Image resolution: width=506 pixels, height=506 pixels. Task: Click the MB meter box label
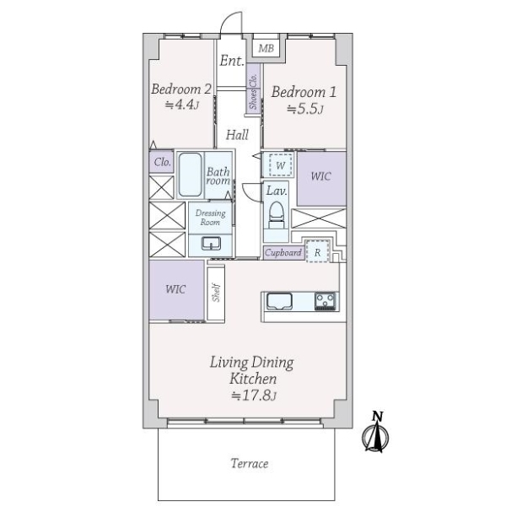(x=266, y=48)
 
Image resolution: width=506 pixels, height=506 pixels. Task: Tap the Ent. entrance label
(x=232, y=61)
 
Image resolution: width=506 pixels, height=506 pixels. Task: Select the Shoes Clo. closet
(x=253, y=89)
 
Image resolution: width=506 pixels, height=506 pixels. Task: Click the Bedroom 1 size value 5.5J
(x=305, y=109)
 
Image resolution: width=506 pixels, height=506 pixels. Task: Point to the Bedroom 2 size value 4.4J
(x=181, y=105)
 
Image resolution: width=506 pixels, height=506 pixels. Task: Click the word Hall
(x=237, y=135)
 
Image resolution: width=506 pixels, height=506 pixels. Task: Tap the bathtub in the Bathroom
(x=191, y=175)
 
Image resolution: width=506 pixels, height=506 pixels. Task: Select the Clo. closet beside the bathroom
(x=162, y=162)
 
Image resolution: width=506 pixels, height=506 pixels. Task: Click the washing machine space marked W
(x=281, y=165)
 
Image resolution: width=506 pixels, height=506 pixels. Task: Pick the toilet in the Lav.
(x=277, y=215)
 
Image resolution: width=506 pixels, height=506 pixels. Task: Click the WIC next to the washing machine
(x=321, y=179)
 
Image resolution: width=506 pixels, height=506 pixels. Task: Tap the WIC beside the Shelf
(x=176, y=290)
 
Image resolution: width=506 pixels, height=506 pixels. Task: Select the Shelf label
(x=216, y=293)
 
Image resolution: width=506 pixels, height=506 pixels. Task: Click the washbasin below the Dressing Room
(x=211, y=244)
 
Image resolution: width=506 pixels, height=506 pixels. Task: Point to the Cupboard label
(x=283, y=253)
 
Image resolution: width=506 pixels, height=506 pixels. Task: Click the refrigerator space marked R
(x=318, y=251)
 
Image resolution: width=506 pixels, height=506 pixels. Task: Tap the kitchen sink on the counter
(x=279, y=301)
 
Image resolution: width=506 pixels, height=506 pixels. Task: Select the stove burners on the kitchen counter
(x=326, y=301)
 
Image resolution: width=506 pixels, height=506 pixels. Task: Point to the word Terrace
(x=250, y=464)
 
